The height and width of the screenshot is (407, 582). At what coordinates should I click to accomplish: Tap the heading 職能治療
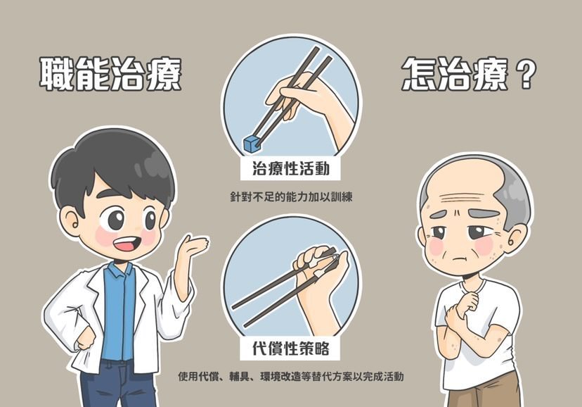pyautogui.click(x=110, y=74)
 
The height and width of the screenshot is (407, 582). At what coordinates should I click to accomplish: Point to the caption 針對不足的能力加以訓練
pyautogui.click(x=290, y=197)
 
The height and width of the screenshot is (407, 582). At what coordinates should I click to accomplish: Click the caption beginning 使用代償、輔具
pyautogui.click(x=290, y=376)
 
